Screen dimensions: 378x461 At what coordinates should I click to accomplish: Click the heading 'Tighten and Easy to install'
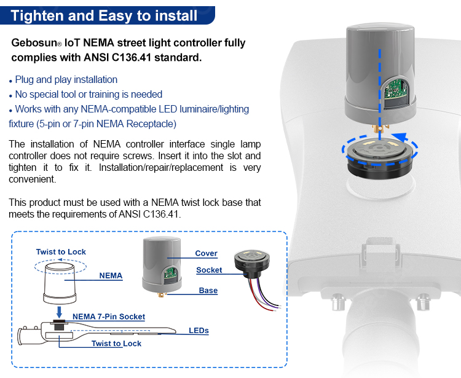tap(104, 15)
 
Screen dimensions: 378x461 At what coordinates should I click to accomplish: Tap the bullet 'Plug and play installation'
tap(66, 79)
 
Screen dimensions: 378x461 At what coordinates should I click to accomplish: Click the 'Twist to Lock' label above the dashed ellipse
tap(61, 252)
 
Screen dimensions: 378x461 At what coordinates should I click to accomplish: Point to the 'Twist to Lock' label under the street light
tap(116, 344)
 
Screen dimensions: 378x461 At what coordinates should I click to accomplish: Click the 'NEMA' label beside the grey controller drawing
tap(111, 276)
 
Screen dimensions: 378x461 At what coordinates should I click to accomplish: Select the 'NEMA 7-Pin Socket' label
tap(109, 317)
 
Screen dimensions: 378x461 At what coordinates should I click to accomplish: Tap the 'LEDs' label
tap(199, 331)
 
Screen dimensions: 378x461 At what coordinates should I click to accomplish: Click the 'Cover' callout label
tap(206, 253)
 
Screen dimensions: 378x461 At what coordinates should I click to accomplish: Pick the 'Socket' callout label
tap(209, 270)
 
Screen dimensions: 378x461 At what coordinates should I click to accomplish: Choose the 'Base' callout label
tap(208, 290)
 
